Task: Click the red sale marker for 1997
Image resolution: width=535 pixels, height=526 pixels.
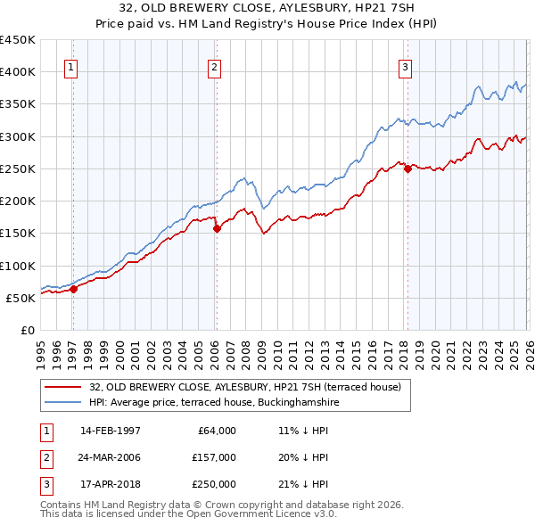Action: pyautogui.click(x=74, y=288)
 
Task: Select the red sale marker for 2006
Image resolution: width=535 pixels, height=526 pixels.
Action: pyautogui.click(x=217, y=228)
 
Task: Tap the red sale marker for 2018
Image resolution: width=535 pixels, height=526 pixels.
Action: pyautogui.click(x=407, y=168)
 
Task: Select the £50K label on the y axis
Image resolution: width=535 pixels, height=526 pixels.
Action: pyautogui.click(x=21, y=298)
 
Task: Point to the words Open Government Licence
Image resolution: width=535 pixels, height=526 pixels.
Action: pyautogui.click(x=264, y=514)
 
